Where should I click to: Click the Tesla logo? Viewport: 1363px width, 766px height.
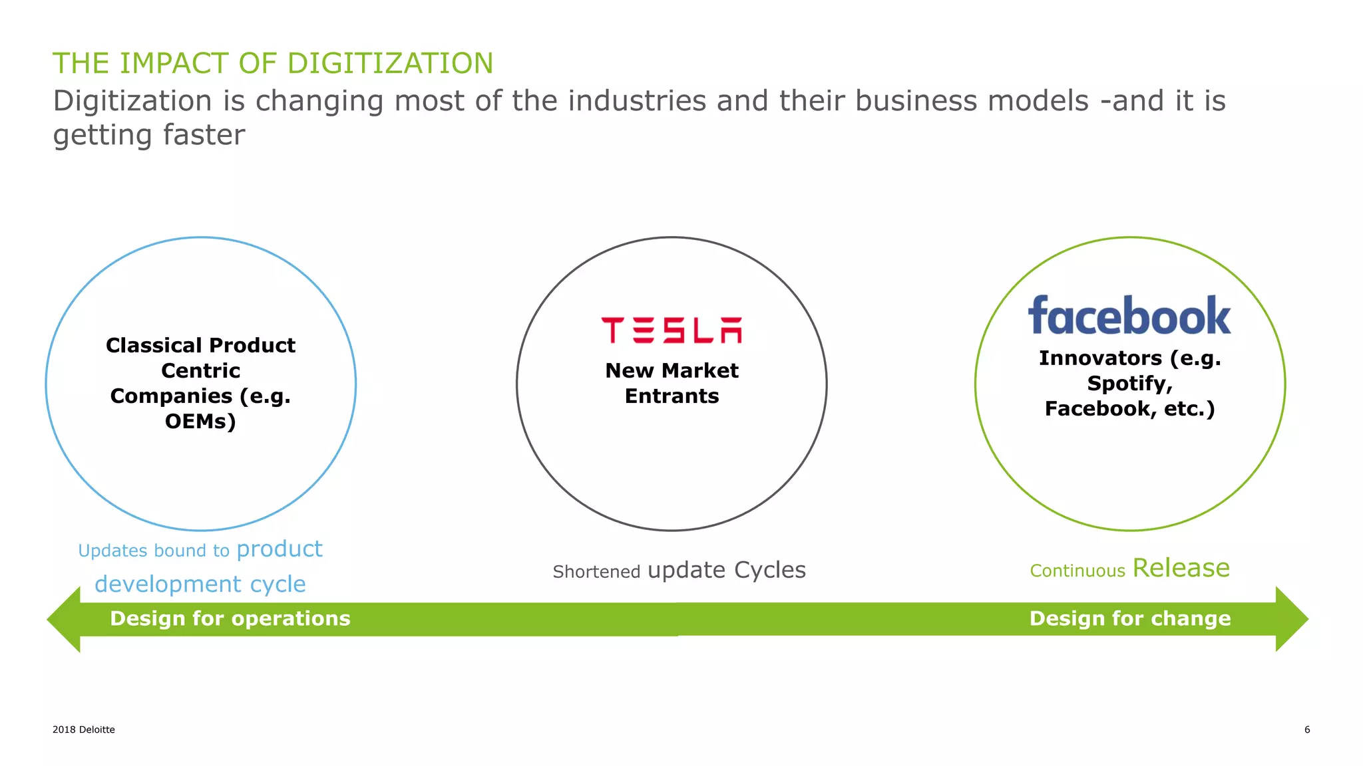coord(671,330)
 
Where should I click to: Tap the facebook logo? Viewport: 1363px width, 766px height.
coord(1129,316)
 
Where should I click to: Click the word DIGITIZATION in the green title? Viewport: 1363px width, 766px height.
coord(390,64)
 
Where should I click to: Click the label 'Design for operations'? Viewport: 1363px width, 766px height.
coord(230,618)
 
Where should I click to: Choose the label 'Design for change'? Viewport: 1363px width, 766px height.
coord(1129,618)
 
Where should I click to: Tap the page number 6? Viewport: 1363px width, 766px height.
coord(1306,729)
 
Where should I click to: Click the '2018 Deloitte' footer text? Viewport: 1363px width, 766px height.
coord(84,729)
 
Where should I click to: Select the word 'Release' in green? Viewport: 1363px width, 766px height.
coord(1181,569)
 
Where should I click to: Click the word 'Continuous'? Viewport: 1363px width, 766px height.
coord(1077,571)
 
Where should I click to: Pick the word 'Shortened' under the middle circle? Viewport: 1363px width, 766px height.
coord(596,572)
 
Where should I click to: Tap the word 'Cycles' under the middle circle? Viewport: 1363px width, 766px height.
coord(769,570)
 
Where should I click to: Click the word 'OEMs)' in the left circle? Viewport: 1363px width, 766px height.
coord(200,422)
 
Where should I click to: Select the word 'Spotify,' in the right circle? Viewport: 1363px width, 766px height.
coord(1129,384)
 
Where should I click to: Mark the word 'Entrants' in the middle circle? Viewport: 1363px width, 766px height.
coord(672,396)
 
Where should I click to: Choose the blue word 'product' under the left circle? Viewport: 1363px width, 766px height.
coord(279,549)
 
